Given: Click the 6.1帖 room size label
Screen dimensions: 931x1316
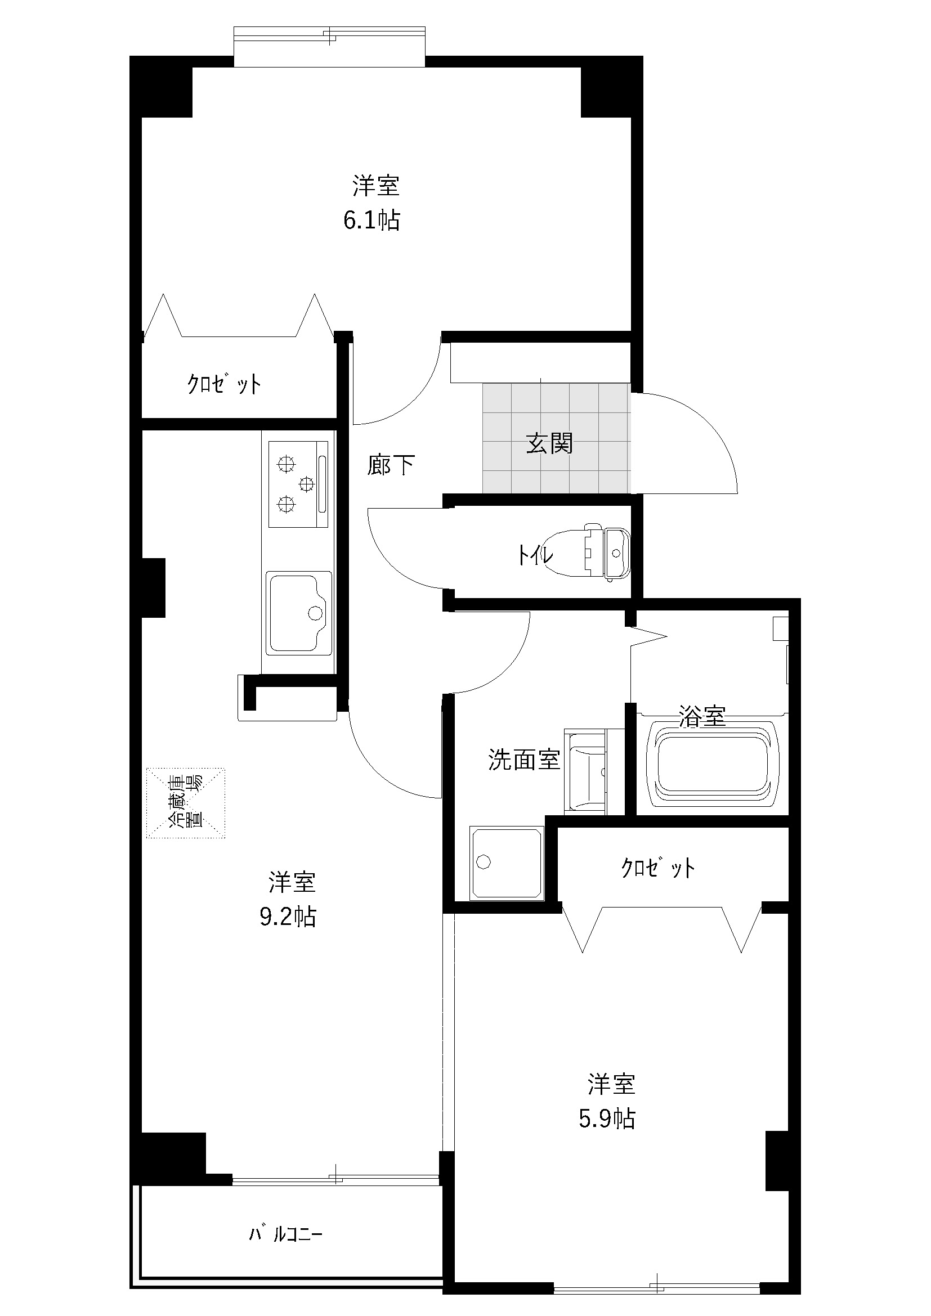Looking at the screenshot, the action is [x=371, y=221].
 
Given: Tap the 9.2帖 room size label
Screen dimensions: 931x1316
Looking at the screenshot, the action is [x=288, y=917].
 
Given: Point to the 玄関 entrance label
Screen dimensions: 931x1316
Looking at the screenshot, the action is [x=549, y=443].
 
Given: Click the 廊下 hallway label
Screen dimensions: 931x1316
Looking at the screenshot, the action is [x=391, y=465].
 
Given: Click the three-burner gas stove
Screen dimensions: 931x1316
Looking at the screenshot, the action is [x=299, y=484].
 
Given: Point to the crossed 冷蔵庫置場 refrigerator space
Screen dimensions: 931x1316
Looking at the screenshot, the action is [x=185, y=803].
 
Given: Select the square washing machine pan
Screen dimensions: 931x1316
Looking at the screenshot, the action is [x=507, y=863].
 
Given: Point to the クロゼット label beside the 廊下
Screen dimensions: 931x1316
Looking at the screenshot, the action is [x=224, y=384].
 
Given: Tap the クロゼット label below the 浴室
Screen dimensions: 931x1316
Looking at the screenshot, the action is [x=658, y=868].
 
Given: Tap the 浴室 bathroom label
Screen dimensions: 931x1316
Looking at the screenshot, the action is [x=702, y=716].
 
